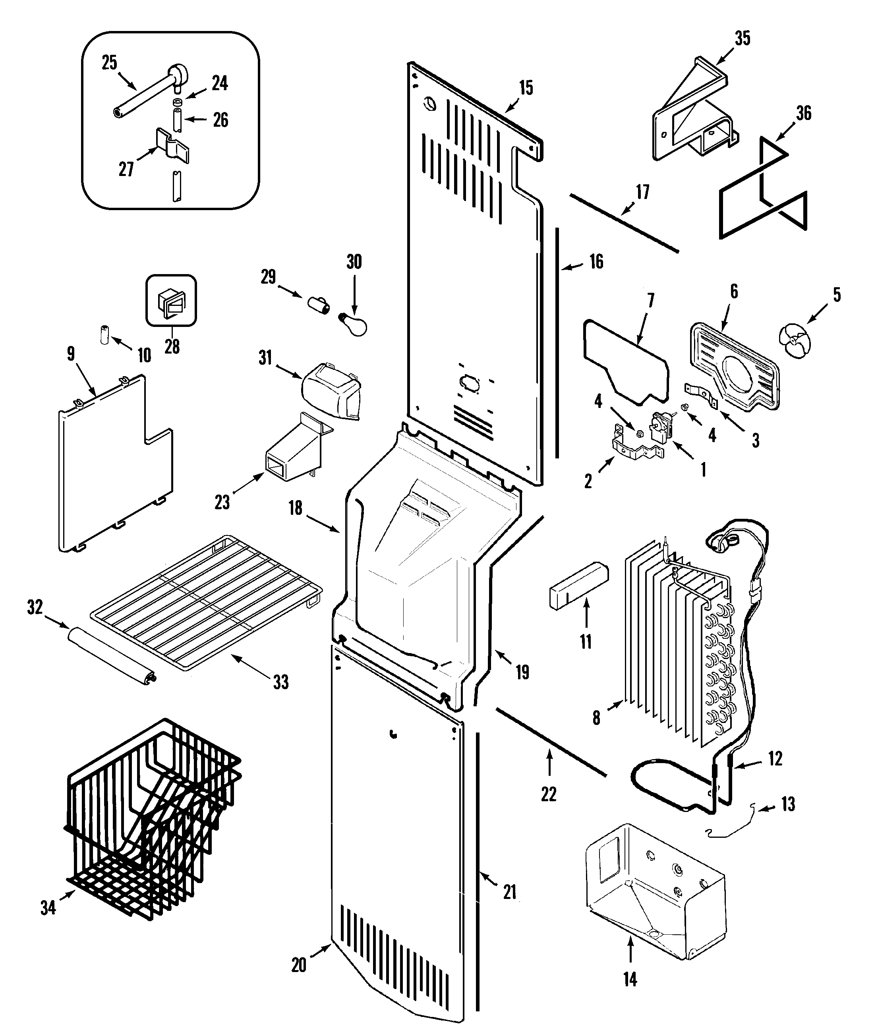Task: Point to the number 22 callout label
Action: pos(549,794)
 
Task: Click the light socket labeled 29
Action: pos(318,304)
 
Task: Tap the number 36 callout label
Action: pos(804,113)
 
